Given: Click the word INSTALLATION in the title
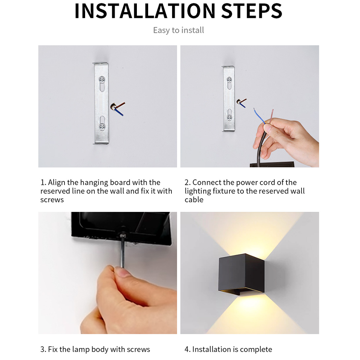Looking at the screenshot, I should [x=144, y=11].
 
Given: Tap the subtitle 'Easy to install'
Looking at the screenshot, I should [x=178, y=30].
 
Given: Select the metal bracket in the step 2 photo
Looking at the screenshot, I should [x=228, y=99].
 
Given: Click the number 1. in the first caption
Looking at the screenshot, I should [x=43, y=183].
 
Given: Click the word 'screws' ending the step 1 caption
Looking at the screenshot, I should [x=52, y=200].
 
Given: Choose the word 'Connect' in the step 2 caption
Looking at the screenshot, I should [x=207, y=183].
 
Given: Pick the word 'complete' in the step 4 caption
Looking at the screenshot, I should [x=256, y=349].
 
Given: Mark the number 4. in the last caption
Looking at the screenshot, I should [x=187, y=349].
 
